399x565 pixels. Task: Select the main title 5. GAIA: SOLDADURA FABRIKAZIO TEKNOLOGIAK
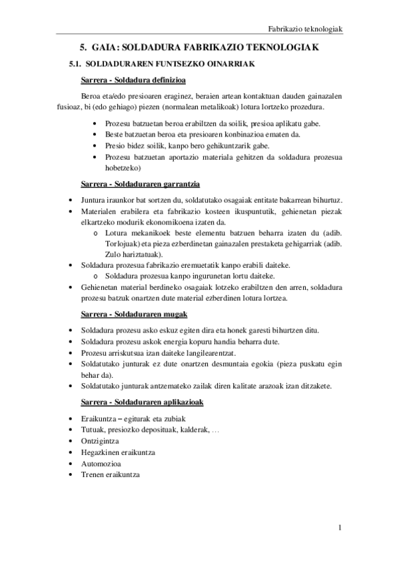(x=199, y=48)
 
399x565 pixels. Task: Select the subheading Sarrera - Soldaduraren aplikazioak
(x=142, y=402)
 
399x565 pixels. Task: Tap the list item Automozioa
(x=100, y=464)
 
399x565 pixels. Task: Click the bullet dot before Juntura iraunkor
(x=72, y=200)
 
